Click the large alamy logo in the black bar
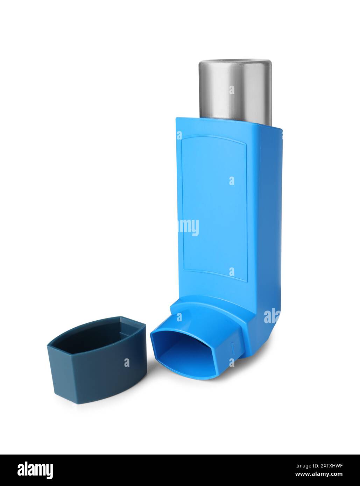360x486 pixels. click(35, 470)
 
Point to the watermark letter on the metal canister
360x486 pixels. click(232, 90)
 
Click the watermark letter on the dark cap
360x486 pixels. click(127, 363)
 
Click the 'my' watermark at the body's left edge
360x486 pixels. click(189, 227)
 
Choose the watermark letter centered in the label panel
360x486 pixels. click(232, 181)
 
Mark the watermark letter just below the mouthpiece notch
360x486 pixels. click(232, 362)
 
